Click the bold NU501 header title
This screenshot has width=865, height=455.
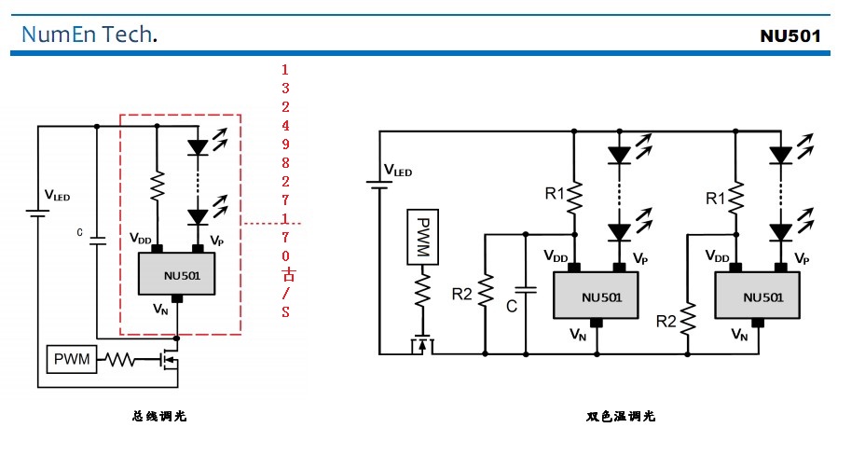click(x=790, y=36)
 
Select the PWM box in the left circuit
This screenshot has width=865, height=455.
click(x=72, y=359)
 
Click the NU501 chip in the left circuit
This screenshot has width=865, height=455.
click(x=176, y=275)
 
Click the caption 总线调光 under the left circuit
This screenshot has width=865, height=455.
click(x=159, y=416)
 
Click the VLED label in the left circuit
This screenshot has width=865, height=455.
click(x=57, y=196)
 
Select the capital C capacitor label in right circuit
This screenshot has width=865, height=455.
click(x=512, y=305)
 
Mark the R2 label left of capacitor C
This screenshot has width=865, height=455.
click(x=462, y=296)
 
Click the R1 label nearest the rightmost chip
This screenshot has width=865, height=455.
click(x=715, y=199)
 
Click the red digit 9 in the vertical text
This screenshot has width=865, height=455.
click(x=285, y=144)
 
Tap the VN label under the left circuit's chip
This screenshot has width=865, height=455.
click(x=160, y=309)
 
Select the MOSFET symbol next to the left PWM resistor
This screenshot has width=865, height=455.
click(x=171, y=359)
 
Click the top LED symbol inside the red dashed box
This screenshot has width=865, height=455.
click(x=197, y=146)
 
